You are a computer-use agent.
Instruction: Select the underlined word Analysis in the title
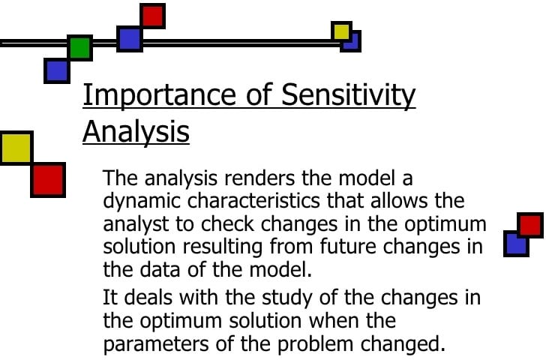[x=136, y=131]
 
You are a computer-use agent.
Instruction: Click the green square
[x=79, y=48]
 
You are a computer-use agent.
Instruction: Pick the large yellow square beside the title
[x=16, y=148]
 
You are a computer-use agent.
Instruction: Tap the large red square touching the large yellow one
[x=47, y=180]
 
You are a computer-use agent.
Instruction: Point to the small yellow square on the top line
[x=341, y=31]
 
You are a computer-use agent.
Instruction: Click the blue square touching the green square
[x=56, y=70]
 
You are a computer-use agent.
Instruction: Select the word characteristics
[x=260, y=202]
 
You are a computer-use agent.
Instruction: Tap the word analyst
[x=133, y=224]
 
